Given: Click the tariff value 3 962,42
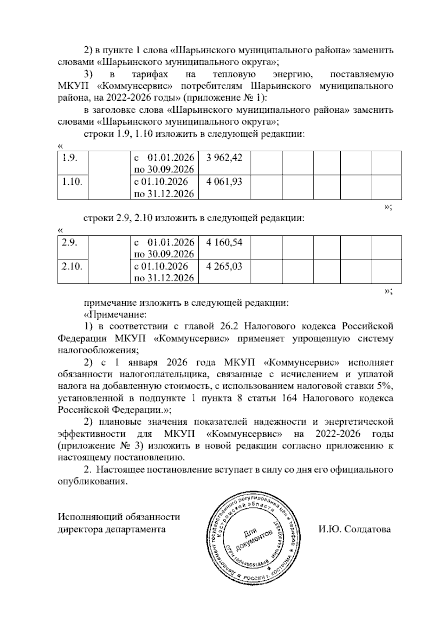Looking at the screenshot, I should click(x=224, y=158).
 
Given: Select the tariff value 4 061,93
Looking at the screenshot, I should click(x=224, y=181).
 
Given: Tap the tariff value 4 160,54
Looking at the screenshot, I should click(x=224, y=242).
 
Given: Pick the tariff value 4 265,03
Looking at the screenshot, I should click(x=224, y=266).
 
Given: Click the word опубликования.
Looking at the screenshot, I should click(x=93, y=482).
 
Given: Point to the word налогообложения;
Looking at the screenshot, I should click(x=98, y=350).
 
